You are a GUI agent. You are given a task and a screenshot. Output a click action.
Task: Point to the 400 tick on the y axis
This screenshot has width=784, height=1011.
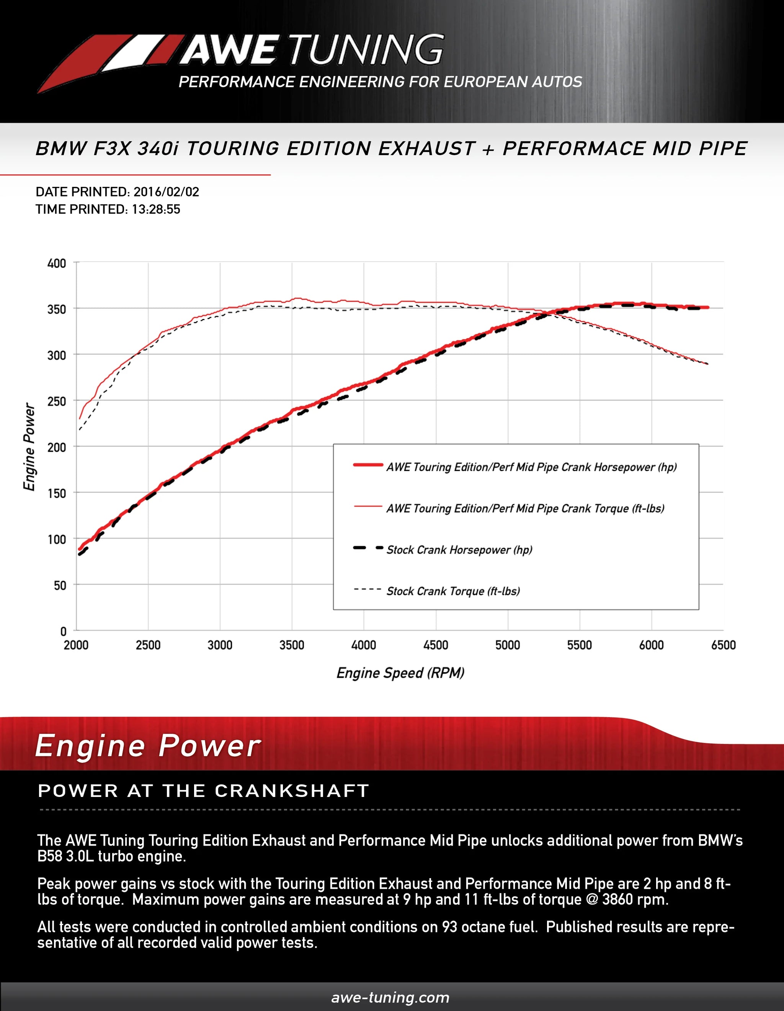[57, 263]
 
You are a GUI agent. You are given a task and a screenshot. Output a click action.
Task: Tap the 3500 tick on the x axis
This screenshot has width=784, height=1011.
[292, 645]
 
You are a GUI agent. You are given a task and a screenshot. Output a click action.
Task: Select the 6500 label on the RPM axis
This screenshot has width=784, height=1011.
[723, 645]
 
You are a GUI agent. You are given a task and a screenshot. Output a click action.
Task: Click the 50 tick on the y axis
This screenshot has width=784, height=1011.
[60, 586]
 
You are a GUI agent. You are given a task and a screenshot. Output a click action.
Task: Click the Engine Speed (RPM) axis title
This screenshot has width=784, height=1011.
[400, 672]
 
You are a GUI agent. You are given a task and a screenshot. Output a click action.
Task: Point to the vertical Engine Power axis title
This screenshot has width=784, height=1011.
[29, 446]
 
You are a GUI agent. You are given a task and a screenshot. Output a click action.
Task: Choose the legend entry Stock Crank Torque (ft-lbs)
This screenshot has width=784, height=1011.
[452, 591]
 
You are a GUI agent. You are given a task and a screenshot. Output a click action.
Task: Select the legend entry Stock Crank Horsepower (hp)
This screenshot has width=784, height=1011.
[459, 550]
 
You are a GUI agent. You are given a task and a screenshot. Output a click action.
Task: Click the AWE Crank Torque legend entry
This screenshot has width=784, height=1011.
[525, 508]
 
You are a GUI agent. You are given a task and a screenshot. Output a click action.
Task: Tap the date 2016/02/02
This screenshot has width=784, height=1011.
[166, 191]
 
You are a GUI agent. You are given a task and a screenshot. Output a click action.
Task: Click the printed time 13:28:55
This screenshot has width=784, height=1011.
[156, 209]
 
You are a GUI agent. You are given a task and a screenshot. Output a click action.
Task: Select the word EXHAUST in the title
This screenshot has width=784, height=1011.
[427, 149]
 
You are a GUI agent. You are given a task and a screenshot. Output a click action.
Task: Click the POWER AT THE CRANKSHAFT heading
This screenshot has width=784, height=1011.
[204, 791]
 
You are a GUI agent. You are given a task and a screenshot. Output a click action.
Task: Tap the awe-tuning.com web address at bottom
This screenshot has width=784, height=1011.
[390, 998]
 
